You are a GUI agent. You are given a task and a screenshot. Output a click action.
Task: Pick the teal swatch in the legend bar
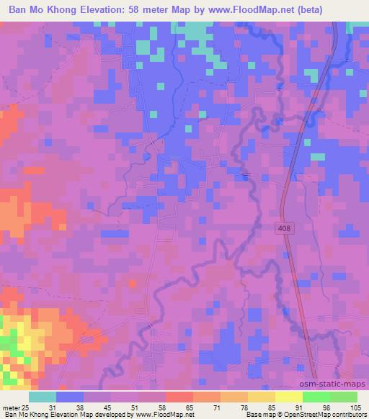tap(42, 397)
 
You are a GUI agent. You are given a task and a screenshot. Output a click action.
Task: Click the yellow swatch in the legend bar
tap(288, 397)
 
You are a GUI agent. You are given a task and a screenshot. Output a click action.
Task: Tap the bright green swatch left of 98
tap(316, 397)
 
